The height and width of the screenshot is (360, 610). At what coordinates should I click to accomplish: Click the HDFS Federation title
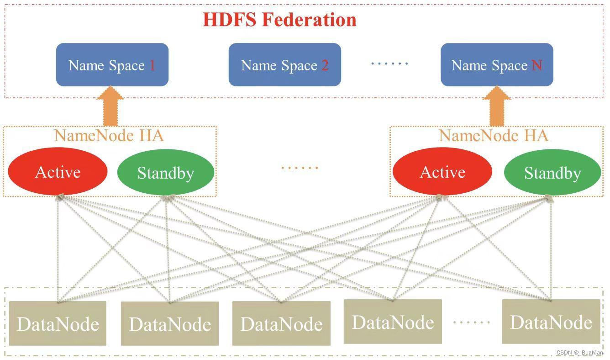pyautogui.click(x=280, y=20)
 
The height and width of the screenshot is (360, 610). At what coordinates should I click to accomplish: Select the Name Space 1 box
pyautogui.click(x=112, y=64)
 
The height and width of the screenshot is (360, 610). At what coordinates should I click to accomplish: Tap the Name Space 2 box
pyautogui.click(x=285, y=64)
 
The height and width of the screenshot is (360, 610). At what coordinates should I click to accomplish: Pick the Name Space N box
pyautogui.click(x=497, y=64)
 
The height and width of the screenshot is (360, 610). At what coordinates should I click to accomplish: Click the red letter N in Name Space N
pyautogui.click(x=537, y=65)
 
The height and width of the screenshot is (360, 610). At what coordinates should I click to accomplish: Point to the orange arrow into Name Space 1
pyautogui.click(x=110, y=106)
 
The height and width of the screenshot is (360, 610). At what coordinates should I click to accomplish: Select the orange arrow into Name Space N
pyautogui.click(x=497, y=106)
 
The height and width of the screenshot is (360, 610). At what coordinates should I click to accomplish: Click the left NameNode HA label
pyautogui.click(x=109, y=136)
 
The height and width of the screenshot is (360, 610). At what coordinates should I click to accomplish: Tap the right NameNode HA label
pyautogui.click(x=494, y=136)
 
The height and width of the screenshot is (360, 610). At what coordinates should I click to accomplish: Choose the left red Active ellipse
pyautogui.click(x=58, y=171)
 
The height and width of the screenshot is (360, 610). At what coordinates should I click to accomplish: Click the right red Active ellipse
pyautogui.click(x=442, y=171)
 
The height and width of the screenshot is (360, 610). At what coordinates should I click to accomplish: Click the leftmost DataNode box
pyautogui.click(x=58, y=323)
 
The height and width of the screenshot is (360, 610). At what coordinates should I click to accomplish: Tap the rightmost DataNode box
pyautogui.click(x=551, y=322)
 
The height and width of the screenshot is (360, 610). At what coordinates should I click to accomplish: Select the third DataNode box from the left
pyautogui.click(x=282, y=323)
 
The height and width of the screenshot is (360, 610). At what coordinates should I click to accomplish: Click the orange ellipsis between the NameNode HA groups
pyautogui.click(x=300, y=168)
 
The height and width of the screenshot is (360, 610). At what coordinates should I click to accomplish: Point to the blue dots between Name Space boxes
pyautogui.click(x=389, y=64)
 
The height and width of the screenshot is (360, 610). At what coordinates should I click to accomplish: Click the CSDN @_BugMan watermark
pyautogui.click(x=579, y=352)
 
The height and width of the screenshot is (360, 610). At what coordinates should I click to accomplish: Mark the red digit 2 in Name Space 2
pyautogui.click(x=325, y=65)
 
